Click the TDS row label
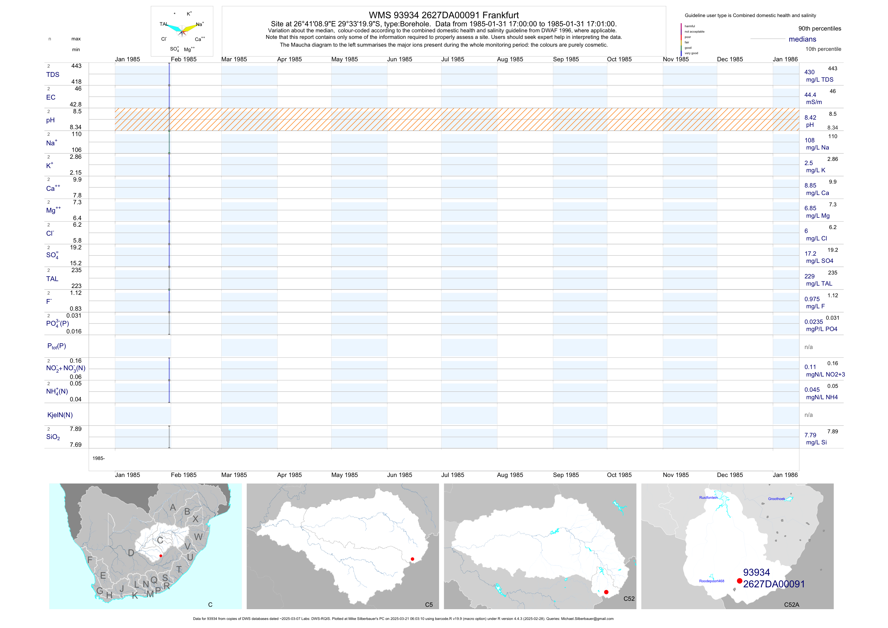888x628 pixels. [x=53, y=75]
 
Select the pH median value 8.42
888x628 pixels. [x=810, y=118]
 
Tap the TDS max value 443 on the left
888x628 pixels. [x=76, y=66]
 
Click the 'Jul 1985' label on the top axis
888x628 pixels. [x=453, y=59]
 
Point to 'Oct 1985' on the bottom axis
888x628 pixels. [x=619, y=475]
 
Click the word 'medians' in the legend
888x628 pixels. [x=802, y=39]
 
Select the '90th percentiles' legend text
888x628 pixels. [x=820, y=29]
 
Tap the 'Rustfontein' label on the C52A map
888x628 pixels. [x=708, y=498]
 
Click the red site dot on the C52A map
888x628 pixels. [x=739, y=581]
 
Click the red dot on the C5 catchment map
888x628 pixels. [x=412, y=559]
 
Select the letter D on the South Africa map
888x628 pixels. [x=131, y=553]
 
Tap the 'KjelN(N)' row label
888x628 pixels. [x=60, y=415]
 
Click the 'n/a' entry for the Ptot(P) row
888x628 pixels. [x=808, y=347]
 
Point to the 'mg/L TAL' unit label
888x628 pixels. [x=819, y=283]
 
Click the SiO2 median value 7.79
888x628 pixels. [x=810, y=435]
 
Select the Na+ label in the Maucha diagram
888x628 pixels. [x=199, y=24]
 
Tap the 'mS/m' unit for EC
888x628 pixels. [x=814, y=102]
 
